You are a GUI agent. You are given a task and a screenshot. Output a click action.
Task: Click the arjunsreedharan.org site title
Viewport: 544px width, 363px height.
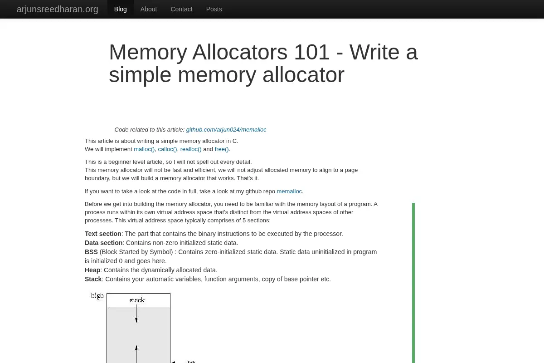[57, 9]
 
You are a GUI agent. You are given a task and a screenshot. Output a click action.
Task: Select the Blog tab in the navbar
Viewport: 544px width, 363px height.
[121, 9]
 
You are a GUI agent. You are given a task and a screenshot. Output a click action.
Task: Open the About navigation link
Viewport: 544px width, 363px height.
[149, 9]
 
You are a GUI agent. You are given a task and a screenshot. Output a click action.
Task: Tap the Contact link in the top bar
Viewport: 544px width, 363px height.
[181, 9]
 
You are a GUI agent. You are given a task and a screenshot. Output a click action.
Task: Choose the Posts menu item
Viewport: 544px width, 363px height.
[214, 9]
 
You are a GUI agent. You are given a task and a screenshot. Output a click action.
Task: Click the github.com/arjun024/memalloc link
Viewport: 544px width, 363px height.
[226, 130]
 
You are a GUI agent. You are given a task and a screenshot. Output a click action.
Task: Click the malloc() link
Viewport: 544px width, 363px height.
[144, 149]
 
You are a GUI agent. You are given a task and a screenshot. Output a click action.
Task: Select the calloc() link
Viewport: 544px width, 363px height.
[167, 149]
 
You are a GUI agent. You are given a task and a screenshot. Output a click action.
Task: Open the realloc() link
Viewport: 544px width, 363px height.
[191, 149]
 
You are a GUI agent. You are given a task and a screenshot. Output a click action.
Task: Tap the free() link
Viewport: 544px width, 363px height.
[222, 149]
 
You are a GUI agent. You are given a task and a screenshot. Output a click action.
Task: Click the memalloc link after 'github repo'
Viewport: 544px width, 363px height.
[289, 191]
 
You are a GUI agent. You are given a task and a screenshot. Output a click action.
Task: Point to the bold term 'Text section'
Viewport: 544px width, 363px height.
[103, 234]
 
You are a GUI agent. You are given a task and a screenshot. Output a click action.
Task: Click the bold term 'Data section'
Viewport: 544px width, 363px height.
[104, 243]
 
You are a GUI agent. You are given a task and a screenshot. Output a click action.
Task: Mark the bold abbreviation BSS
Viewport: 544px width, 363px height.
[91, 252]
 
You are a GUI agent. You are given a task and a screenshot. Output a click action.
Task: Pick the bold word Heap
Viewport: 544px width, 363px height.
[92, 270]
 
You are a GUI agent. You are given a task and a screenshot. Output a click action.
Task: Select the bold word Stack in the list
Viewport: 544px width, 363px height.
[93, 279]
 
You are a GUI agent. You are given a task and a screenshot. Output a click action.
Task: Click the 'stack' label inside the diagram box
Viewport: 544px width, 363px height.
[137, 300]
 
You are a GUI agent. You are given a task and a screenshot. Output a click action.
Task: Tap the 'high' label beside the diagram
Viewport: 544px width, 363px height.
[97, 296]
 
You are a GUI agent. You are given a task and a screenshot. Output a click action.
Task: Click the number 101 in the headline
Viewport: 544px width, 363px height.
[311, 52]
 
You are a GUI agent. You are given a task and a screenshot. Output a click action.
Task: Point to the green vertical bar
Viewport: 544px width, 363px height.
[413, 283]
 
